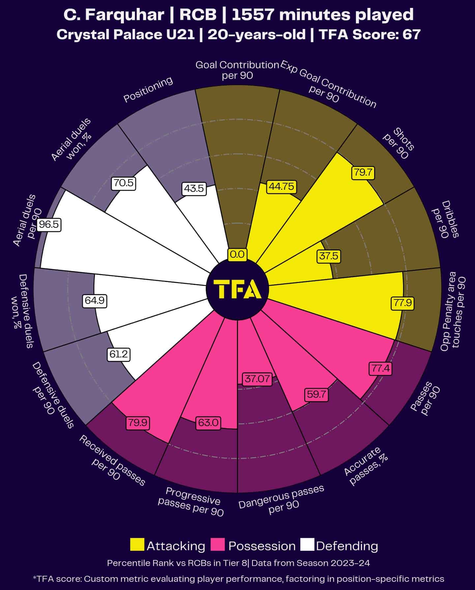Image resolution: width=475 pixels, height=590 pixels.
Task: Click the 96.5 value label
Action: click(49, 225)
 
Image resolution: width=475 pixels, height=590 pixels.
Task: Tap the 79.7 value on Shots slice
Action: click(363, 172)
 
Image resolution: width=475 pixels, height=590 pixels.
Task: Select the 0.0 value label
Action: click(237, 254)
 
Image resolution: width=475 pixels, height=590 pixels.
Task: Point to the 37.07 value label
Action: click(257, 379)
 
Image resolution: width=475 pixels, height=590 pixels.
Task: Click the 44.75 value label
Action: click(281, 186)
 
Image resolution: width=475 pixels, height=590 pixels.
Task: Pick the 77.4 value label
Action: click(381, 368)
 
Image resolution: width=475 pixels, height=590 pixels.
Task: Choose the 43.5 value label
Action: click(194, 188)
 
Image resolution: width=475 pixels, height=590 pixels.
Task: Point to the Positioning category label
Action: click(148, 90)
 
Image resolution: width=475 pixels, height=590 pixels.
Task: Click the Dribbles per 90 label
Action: click(445, 219)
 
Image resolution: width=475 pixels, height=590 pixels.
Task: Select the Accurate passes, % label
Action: click(365, 466)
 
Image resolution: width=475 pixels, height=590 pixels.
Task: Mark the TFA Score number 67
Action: click(411, 35)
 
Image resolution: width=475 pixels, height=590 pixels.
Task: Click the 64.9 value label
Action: click(95, 300)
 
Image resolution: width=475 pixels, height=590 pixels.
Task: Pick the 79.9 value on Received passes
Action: click(138, 423)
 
